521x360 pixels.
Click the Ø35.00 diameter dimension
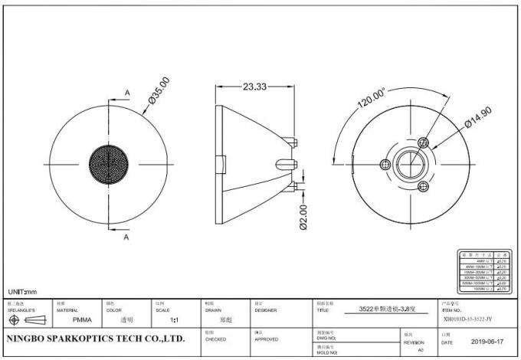pos(159,90)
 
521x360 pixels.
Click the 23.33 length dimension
pos(254,87)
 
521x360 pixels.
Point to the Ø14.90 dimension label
pos(458,122)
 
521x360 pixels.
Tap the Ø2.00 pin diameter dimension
pos(304,217)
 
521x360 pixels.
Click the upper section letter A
pos(126,93)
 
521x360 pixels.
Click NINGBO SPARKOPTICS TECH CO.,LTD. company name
pos(95,338)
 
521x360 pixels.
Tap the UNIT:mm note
pos(22,292)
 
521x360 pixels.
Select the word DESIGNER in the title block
pos(265,310)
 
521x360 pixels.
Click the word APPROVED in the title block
pos(266,338)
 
